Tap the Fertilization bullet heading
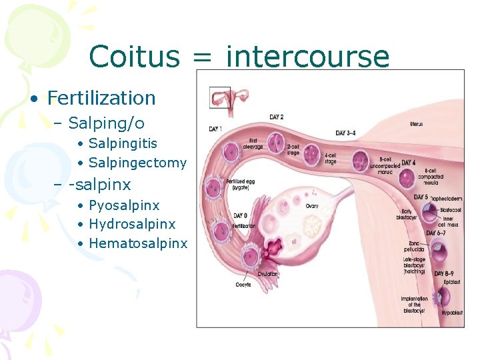101,98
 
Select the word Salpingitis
123,143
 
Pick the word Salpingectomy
137,163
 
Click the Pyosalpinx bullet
124,205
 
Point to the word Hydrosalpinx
132,224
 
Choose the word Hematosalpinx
138,243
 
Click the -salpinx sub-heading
100,184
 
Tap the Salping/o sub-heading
106,123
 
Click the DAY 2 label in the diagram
276,117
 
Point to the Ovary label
312,206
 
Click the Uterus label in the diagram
416,125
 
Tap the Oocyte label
243,285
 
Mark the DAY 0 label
241,215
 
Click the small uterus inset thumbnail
221,99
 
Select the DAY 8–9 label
445,273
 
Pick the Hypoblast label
451,312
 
